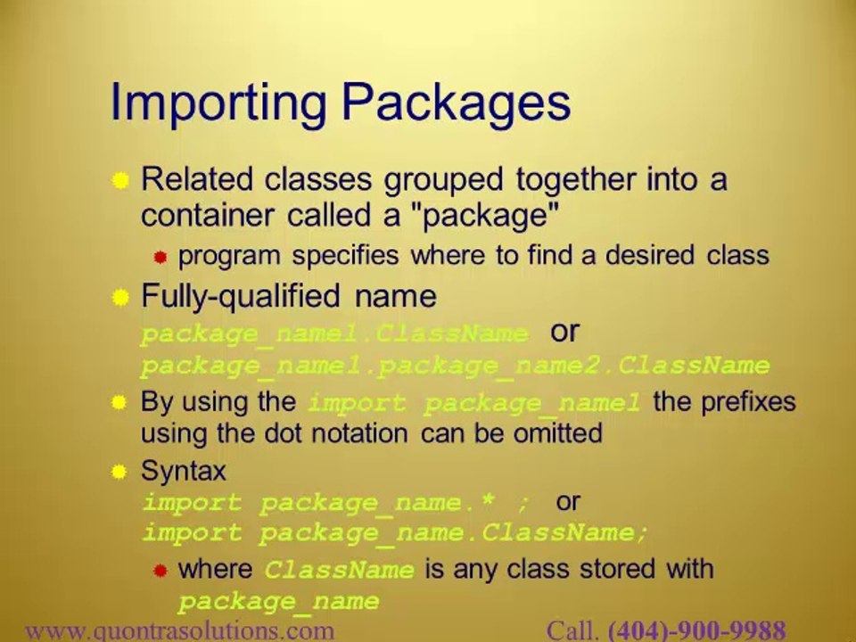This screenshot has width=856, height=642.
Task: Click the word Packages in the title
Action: click(x=456, y=103)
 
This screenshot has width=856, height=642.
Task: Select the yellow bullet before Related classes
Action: click(x=120, y=181)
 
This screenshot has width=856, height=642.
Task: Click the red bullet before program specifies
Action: click(x=160, y=258)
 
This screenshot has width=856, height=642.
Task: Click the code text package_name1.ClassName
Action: click(x=334, y=334)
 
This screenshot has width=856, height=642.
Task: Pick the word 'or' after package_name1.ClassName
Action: click(x=564, y=332)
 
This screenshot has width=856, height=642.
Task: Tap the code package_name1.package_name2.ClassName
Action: click(x=455, y=366)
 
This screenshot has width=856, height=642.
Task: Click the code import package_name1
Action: click(x=473, y=403)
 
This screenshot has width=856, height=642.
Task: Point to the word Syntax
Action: click(x=184, y=470)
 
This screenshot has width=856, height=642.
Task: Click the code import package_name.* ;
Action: click(x=336, y=502)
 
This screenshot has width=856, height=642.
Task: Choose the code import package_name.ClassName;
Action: click(x=395, y=534)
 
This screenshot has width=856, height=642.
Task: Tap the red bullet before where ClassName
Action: click(x=160, y=571)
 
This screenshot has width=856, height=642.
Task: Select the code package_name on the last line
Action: click(x=278, y=602)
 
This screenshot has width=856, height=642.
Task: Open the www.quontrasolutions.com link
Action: click(x=179, y=631)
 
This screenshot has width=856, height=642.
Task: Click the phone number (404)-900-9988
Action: click(x=696, y=631)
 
